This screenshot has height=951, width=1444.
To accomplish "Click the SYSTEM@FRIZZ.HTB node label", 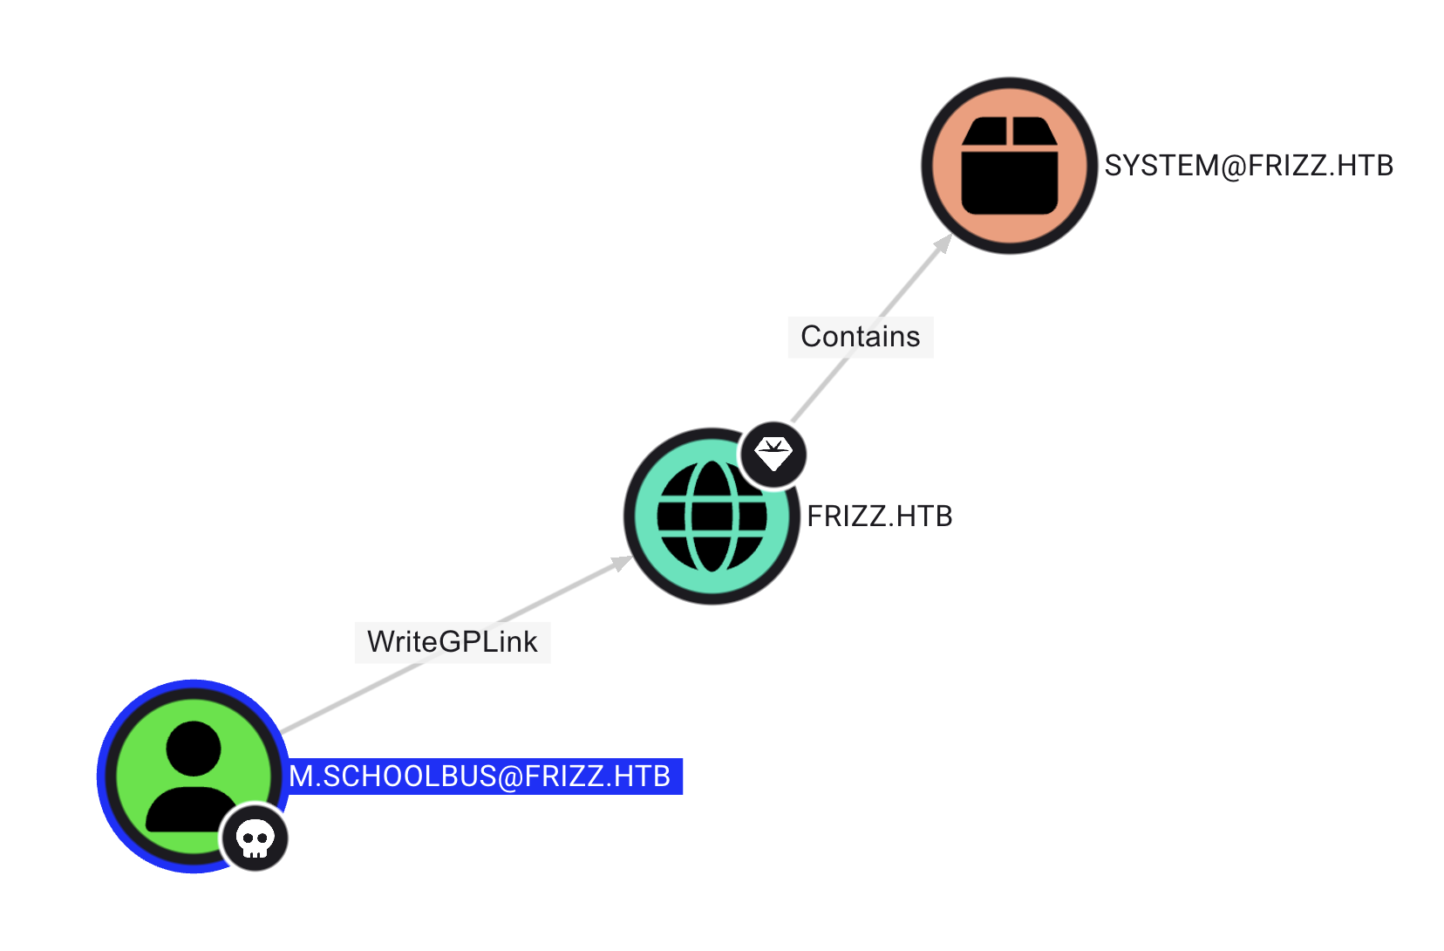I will (1248, 166).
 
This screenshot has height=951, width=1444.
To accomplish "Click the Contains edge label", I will (860, 337).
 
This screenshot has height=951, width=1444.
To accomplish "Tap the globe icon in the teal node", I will (711, 517).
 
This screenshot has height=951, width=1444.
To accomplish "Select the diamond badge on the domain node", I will (773, 455).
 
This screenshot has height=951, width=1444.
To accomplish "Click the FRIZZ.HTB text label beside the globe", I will (879, 517).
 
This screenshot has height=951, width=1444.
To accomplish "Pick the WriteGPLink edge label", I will (452, 642).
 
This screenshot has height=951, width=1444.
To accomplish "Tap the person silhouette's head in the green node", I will (193, 748).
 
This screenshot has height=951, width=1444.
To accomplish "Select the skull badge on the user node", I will (255, 838).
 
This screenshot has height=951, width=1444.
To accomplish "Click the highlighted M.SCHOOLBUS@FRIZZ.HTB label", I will (484, 777).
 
